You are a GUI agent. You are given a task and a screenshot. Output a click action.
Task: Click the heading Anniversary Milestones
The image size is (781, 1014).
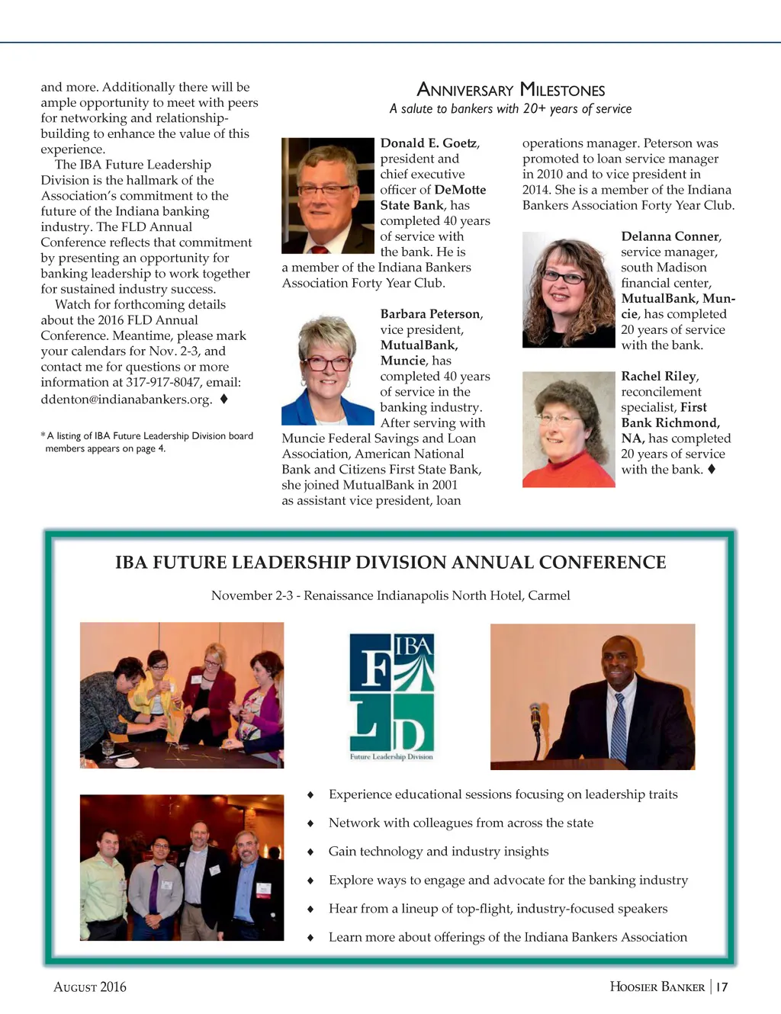click(x=510, y=90)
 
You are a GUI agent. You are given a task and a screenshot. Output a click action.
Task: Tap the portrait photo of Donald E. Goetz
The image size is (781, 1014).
click(x=327, y=195)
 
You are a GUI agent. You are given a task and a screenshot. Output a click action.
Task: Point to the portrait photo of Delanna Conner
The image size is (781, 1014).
click(x=567, y=290)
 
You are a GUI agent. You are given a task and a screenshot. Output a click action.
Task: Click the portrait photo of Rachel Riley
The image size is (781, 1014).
click(x=567, y=429)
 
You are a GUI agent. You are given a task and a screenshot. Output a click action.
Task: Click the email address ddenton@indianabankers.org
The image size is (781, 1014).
click(x=126, y=399)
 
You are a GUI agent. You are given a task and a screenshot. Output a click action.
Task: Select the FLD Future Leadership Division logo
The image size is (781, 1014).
click(x=391, y=696)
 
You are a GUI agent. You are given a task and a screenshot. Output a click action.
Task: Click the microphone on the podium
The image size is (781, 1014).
click(x=535, y=717)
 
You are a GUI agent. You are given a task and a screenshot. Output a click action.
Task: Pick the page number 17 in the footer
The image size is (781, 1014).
click(x=722, y=987)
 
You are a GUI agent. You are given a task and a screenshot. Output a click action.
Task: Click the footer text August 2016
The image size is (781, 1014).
click(x=90, y=987)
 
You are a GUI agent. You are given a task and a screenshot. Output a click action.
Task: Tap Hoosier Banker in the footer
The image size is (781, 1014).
click(x=657, y=987)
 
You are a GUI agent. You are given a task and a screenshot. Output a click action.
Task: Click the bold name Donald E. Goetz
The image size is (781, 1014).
click(x=429, y=143)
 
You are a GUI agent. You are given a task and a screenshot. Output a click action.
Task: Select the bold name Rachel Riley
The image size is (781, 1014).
click(x=658, y=376)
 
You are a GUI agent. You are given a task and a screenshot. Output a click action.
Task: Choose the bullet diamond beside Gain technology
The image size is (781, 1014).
click(x=310, y=852)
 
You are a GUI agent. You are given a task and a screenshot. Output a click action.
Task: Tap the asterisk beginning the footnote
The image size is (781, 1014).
click(x=43, y=435)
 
